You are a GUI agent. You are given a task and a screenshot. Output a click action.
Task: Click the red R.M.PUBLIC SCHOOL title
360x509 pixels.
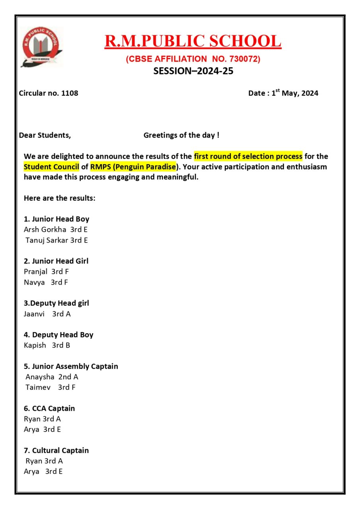(x=193, y=41)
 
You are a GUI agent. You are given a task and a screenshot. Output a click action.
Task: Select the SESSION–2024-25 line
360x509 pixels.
(x=193, y=72)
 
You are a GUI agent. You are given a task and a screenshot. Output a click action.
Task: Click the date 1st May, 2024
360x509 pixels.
(x=295, y=93)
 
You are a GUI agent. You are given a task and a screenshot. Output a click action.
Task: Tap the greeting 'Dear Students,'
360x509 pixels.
(x=45, y=135)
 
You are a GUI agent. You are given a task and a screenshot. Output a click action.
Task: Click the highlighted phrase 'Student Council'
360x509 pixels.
(x=51, y=167)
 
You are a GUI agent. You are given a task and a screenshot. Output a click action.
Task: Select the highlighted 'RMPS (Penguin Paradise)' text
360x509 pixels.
(x=133, y=167)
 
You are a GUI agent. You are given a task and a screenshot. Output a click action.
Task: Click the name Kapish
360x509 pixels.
(x=35, y=345)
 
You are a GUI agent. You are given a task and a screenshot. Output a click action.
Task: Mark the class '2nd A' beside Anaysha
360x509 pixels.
(x=68, y=377)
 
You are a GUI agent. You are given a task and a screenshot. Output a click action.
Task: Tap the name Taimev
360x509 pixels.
(x=38, y=387)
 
